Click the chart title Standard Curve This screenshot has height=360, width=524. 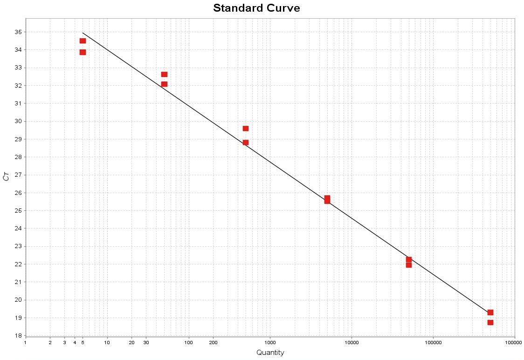coord(256,8)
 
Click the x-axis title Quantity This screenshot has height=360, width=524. coord(270,353)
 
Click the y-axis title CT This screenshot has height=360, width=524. coord(6,176)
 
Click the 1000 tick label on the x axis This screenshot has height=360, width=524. coord(270,343)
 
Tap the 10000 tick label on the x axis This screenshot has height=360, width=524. coord(352,343)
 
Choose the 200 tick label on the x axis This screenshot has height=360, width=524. coord(213,343)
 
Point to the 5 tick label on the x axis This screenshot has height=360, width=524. coord(83,343)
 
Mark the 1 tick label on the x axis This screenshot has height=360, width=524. coord(26,343)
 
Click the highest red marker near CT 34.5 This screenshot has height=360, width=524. coord(83,41)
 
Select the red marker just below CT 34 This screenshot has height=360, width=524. coord(83,52)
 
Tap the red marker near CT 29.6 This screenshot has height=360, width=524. coord(246,128)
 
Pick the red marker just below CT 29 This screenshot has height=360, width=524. coord(246,142)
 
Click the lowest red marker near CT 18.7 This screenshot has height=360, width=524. coord(490,322)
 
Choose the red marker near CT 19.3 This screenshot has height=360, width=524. coord(490,312)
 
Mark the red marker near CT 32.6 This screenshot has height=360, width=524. coord(164,74)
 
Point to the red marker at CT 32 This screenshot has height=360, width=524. coord(164,84)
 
